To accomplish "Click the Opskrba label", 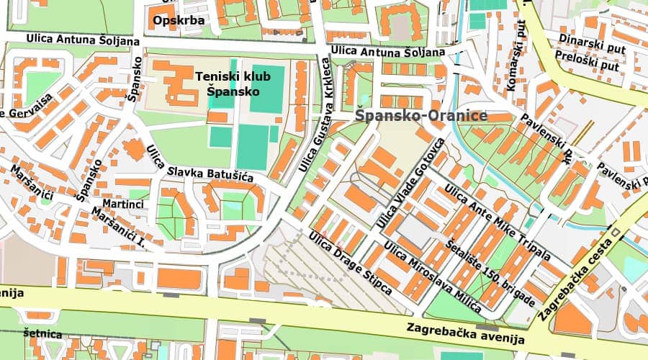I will [179, 20].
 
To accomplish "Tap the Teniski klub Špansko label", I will [228, 83].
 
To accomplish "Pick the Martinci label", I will [123, 204].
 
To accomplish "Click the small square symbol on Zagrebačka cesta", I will [615, 231].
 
